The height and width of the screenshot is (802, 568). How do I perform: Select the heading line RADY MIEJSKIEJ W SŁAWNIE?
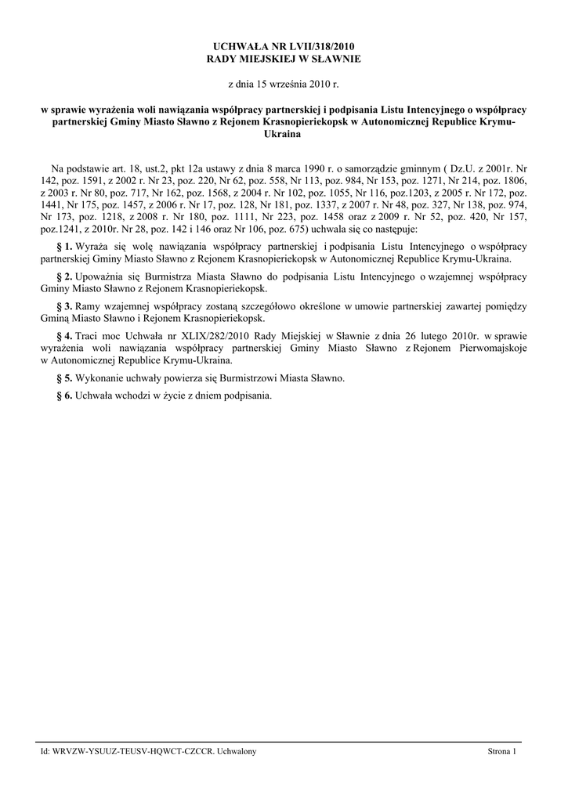284,59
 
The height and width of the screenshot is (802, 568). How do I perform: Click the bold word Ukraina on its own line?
284,134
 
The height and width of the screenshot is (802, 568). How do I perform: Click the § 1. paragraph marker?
65,247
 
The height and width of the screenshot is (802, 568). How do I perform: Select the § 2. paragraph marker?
65,276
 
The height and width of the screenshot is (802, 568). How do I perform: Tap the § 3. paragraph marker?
65,305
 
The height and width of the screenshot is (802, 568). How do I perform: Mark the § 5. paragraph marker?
65,378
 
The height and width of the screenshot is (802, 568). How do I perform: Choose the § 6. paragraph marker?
65,396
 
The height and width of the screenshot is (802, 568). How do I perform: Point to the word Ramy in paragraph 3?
90,305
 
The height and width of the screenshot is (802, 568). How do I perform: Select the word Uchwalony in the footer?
238,752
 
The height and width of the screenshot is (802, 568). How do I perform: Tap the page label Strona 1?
502,752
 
